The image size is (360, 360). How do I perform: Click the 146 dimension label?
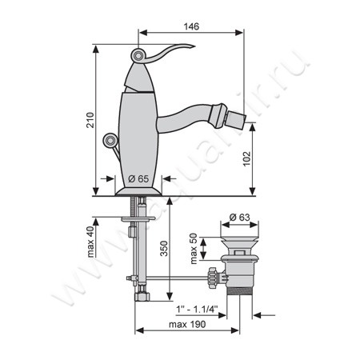click(x=191, y=26)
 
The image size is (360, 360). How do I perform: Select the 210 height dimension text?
click(x=90, y=120)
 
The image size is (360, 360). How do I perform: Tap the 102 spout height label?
click(x=247, y=158)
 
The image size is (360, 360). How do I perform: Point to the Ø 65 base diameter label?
click(x=138, y=178)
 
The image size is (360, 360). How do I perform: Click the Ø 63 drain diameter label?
click(x=239, y=218)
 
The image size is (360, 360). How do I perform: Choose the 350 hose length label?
click(x=164, y=249)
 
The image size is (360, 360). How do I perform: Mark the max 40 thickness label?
click(x=90, y=242)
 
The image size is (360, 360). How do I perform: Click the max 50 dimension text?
click(x=194, y=249)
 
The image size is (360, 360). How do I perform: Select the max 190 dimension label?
click(x=187, y=324)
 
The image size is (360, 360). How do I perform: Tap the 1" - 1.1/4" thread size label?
click(x=197, y=310)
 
